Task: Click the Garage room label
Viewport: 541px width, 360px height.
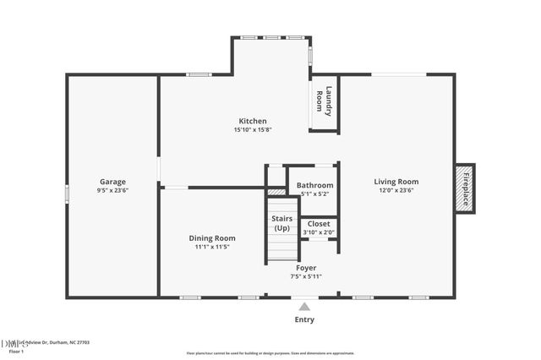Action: (x=112, y=182)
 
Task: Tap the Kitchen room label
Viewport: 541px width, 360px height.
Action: (x=252, y=121)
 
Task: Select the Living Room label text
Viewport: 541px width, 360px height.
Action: (x=396, y=181)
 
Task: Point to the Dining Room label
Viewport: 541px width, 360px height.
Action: (x=211, y=238)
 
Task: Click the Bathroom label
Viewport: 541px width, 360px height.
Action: (x=314, y=185)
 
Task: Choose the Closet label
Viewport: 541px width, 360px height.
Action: (x=319, y=224)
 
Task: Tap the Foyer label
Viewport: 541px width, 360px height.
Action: (x=305, y=268)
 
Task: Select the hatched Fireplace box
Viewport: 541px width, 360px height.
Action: (x=465, y=186)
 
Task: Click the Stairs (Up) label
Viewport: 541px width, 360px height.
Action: (x=282, y=224)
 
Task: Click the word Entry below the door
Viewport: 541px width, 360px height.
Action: (x=304, y=319)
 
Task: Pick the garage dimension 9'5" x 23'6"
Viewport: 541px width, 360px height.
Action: (x=112, y=191)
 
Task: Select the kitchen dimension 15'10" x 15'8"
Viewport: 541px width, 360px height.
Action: (x=252, y=130)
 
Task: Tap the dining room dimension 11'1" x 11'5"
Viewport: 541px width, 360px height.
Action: (x=211, y=248)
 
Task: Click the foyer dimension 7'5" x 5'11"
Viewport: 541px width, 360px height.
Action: (x=305, y=276)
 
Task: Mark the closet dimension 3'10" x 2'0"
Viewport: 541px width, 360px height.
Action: (x=319, y=232)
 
